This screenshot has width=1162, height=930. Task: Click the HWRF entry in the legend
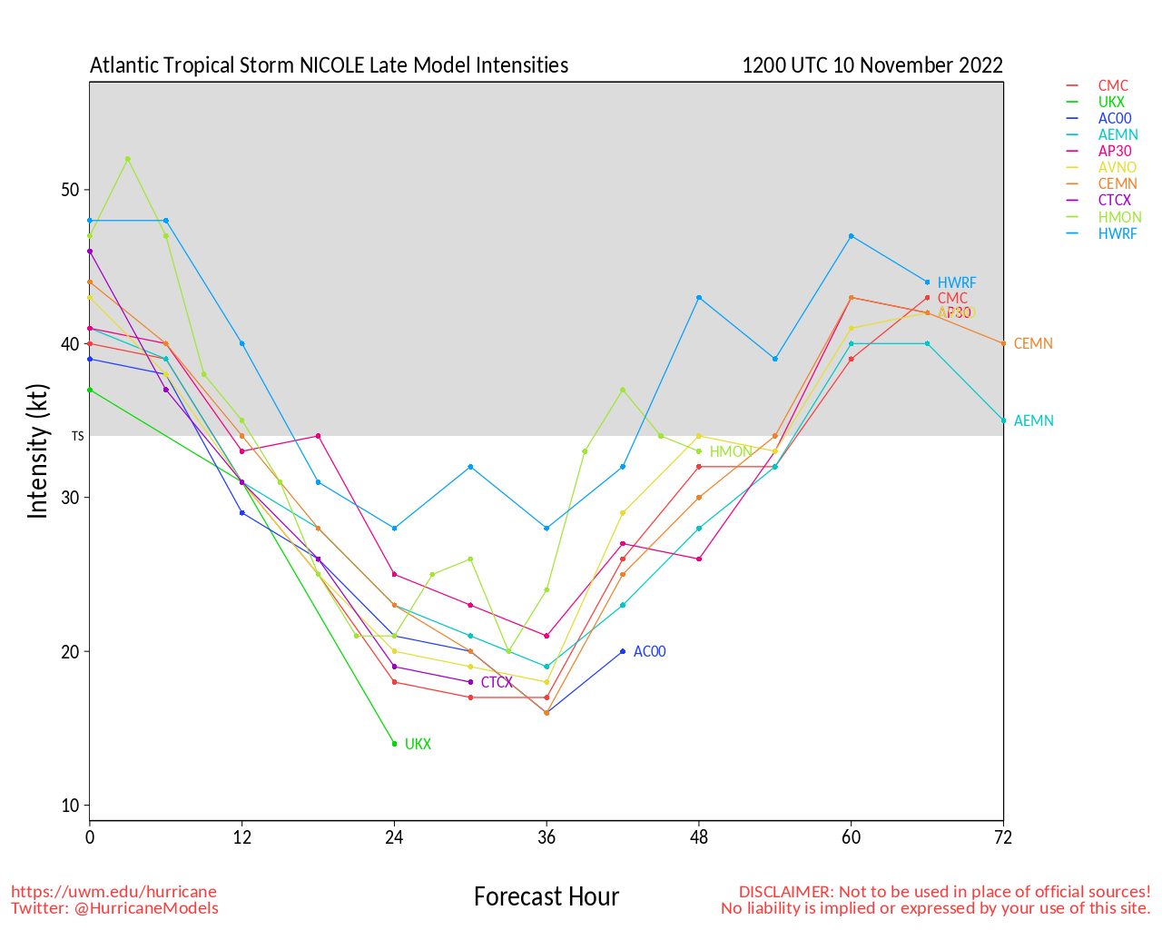point(1117,233)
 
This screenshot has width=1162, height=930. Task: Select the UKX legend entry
point(1111,103)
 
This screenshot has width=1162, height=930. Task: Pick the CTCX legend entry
point(1114,201)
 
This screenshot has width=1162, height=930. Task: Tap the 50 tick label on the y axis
point(71,190)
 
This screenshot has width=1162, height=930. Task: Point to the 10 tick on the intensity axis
point(71,806)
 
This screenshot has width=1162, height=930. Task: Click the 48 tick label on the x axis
point(699,838)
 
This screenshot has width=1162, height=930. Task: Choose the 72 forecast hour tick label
point(1003,838)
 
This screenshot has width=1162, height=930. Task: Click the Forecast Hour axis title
point(546,897)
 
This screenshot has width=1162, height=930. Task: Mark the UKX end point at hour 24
point(394,744)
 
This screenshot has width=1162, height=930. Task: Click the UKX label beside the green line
point(418,745)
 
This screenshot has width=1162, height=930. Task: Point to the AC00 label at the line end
point(649,652)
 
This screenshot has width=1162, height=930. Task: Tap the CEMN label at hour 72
point(1033,344)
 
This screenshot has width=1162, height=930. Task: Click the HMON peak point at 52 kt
point(128,159)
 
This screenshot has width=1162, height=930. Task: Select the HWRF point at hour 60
point(851,236)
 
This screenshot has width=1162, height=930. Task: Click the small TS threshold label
point(78,437)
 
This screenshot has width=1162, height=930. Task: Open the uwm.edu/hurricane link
point(113,892)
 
